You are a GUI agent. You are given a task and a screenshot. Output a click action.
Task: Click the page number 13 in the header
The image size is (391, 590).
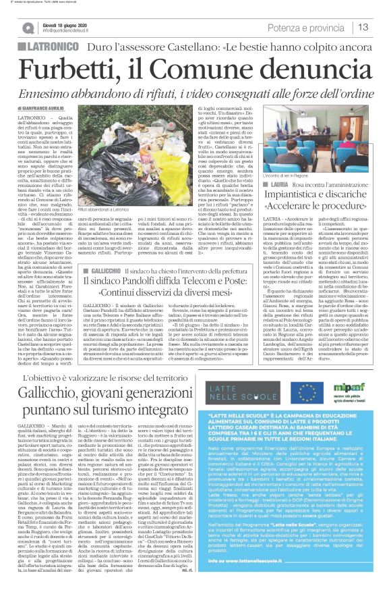pos(363,26)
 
